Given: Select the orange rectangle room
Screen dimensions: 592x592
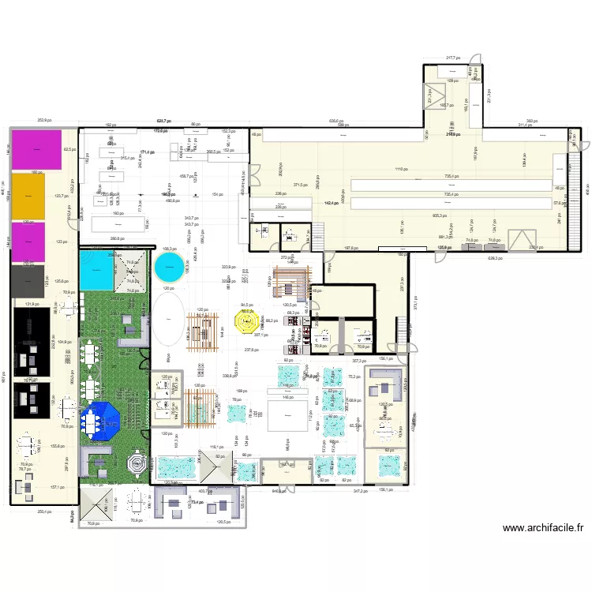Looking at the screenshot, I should [x=27, y=196].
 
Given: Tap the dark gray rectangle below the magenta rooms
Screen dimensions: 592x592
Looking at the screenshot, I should [x=27, y=278].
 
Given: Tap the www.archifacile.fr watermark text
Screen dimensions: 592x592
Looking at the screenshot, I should [x=543, y=528].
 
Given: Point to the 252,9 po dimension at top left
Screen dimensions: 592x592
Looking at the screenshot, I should [x=44, y=120].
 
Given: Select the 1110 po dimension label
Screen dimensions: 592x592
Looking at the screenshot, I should [x=401, y=170].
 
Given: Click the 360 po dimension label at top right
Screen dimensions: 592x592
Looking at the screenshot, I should [x=532, y=121].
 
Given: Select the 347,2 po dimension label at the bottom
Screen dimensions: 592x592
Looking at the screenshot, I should [x=362, y=491].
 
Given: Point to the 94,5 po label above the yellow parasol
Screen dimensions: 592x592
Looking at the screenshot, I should [x=246, y=305].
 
